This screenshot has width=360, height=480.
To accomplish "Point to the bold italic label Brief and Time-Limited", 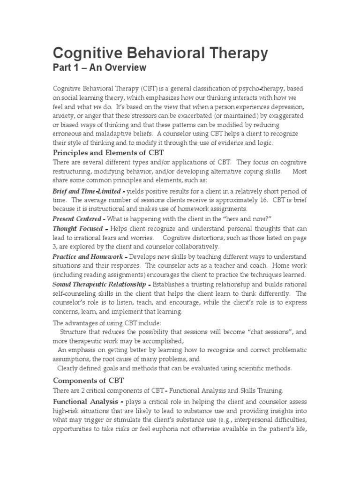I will (x=89, y=191).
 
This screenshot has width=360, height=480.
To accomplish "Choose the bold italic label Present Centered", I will (x=76, y=219).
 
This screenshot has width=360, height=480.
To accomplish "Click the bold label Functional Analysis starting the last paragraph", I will (x=88, y=402).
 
